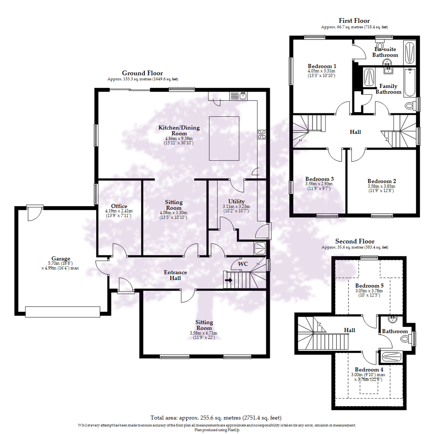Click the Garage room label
click(61, 258)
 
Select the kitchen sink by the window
click(243, 96)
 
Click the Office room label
click(119, 206)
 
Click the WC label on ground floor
click(243, 264)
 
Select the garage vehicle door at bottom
click(62, 311)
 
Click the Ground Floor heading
click(142, 73)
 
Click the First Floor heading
click(354, 21)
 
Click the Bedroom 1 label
click(322, 66)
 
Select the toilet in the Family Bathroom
click(409, 106)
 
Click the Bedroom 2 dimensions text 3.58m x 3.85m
click(381, 186)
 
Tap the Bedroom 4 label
click(369, 369)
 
